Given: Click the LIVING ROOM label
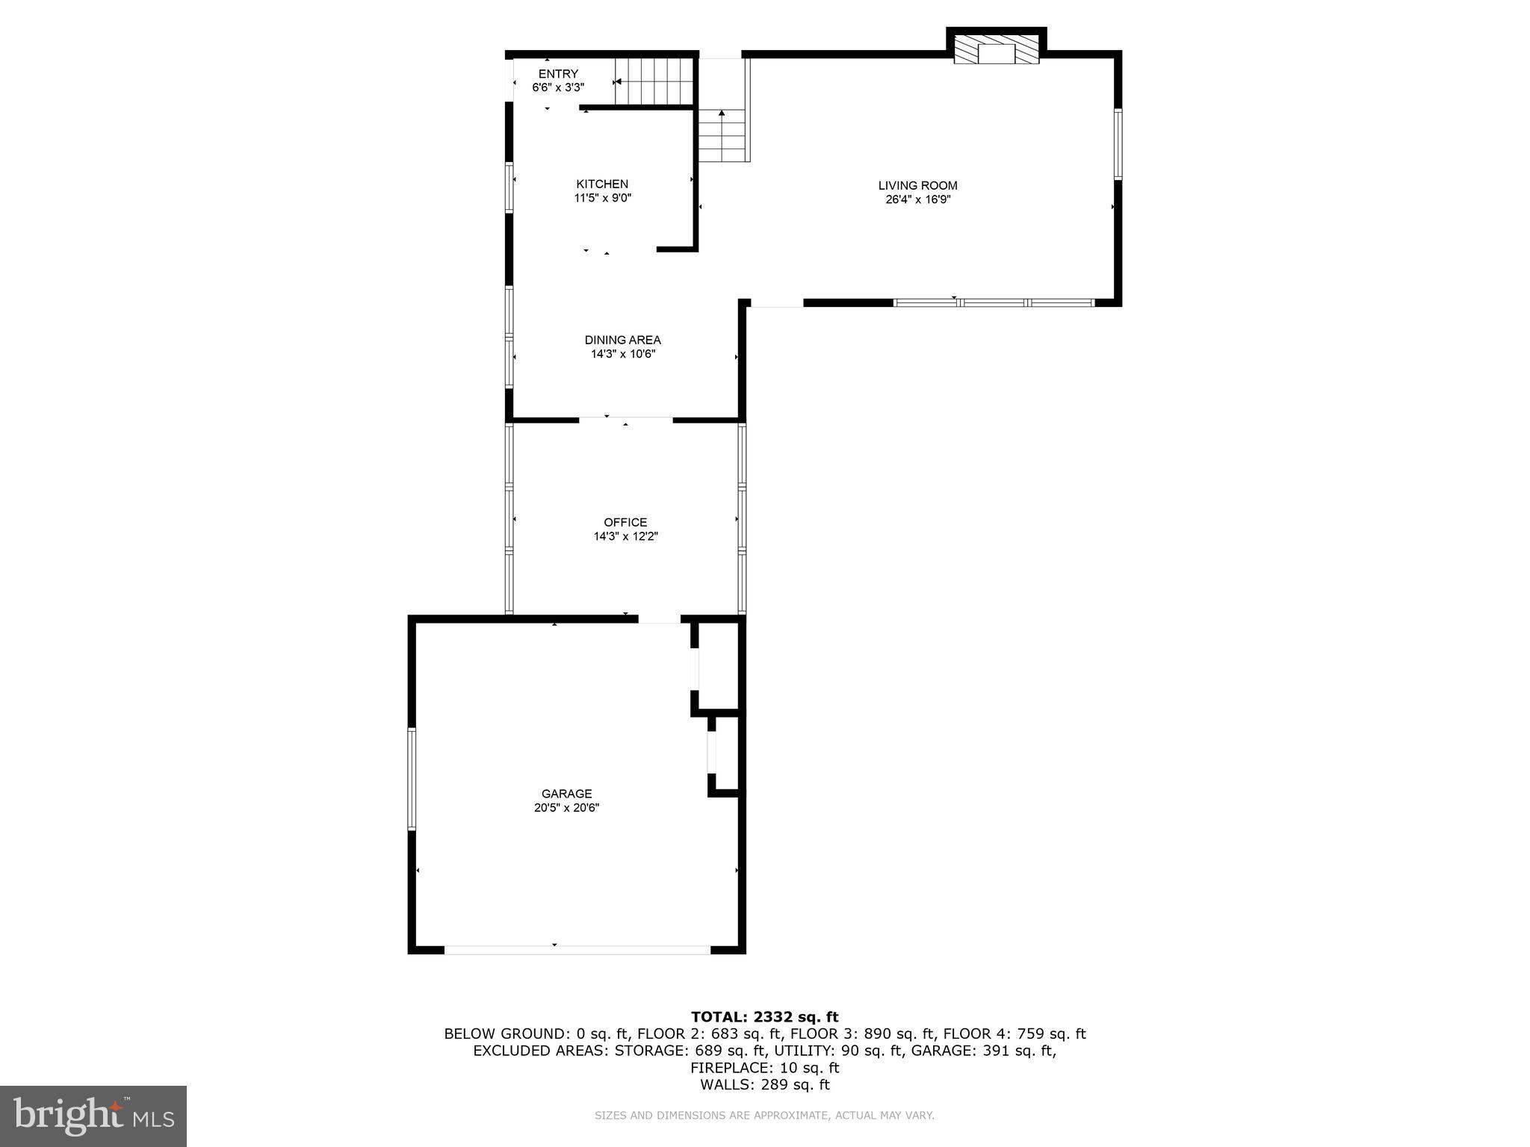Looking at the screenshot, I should point(917,186).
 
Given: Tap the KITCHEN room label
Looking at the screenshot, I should point(602,184).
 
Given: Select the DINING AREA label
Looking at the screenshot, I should point(622,341).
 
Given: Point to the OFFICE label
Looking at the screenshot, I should point(625,523).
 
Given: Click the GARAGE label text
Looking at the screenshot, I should point(566,794).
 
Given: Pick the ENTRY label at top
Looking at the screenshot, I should point(558,74).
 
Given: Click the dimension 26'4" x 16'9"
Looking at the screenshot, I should point(917,200).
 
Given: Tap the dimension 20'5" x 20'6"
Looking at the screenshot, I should point(566,808).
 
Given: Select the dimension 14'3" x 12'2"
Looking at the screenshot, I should point(625,537).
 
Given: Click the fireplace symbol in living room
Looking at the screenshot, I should point(997,51).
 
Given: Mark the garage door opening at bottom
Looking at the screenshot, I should point(577,950).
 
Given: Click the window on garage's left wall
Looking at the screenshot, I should point(411,778).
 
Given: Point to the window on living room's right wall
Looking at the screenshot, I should point(1118,144).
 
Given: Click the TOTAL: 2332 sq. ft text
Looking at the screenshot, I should point(764,1017).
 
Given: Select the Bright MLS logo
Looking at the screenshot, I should point(93,1116).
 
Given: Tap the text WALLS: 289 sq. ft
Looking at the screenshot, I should point(764,1085).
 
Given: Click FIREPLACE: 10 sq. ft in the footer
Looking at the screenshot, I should point(764,1068).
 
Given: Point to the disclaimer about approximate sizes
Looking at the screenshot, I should point(764,1116).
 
